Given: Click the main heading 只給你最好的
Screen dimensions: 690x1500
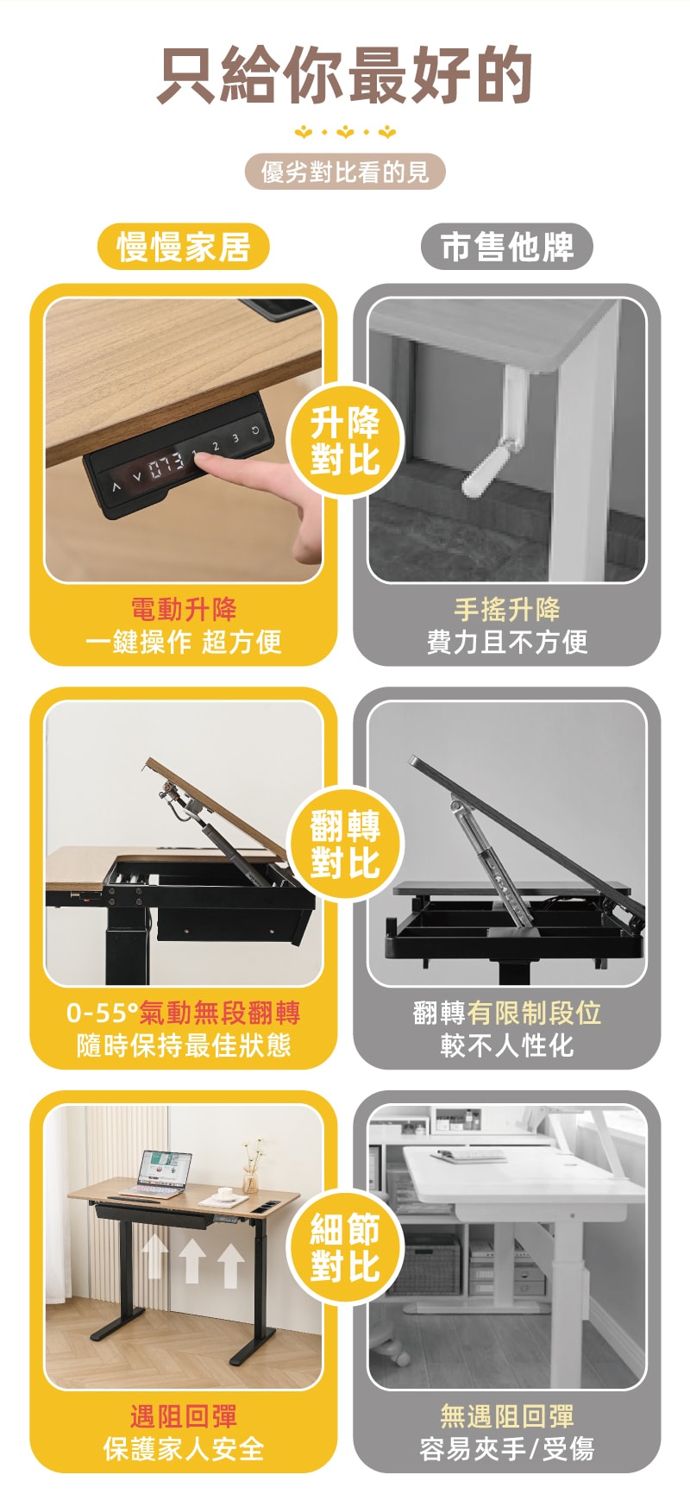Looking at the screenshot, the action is pos(345,75).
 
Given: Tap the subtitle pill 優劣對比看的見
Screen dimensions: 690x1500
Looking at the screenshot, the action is pos(345,172).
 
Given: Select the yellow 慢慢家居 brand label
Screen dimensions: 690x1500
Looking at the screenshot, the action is pos(183,247).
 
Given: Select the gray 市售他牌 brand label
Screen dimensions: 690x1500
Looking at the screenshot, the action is pos(507,247).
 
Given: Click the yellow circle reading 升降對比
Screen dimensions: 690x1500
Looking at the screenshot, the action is pos(345,441).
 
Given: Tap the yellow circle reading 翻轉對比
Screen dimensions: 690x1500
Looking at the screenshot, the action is pos(345,844).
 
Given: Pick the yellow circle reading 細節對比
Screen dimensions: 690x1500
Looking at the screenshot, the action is pos(345,1248).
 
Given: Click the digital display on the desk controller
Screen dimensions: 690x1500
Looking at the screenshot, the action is pos(166,467).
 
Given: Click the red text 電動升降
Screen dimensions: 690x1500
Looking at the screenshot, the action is pos(183,609).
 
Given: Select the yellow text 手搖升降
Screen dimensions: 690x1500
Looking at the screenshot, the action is pos(507,609).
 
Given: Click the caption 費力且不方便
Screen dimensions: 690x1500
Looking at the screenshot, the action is pos(507,642).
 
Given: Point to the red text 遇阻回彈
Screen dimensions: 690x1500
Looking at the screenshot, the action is pos(183,1416).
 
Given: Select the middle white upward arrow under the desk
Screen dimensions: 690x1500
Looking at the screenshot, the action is pos(192,1261).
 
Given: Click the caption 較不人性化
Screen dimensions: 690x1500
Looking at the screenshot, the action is pos(507,1045).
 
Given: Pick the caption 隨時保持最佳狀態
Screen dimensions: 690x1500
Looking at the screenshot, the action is pos(183,1045).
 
